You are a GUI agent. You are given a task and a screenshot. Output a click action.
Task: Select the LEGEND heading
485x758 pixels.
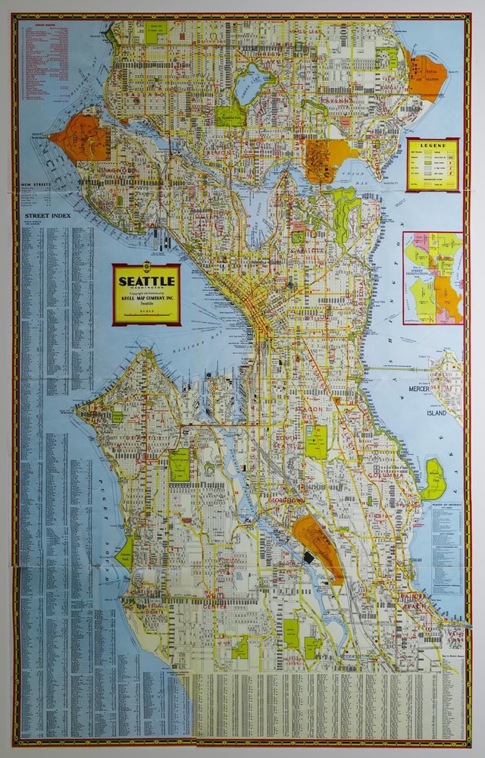coord(432,145)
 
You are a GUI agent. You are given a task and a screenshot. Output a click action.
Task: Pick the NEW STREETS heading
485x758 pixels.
coord(36,184)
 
